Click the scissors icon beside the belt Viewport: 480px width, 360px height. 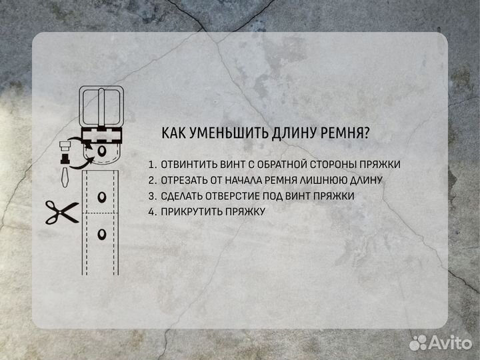[x=61, y=213]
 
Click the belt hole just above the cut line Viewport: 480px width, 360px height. [x=102, y=197]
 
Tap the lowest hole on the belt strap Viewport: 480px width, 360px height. [x=102, y=233]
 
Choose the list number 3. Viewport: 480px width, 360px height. [x=151, y=196]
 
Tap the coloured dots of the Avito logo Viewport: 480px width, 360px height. [x=418, y=343]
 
